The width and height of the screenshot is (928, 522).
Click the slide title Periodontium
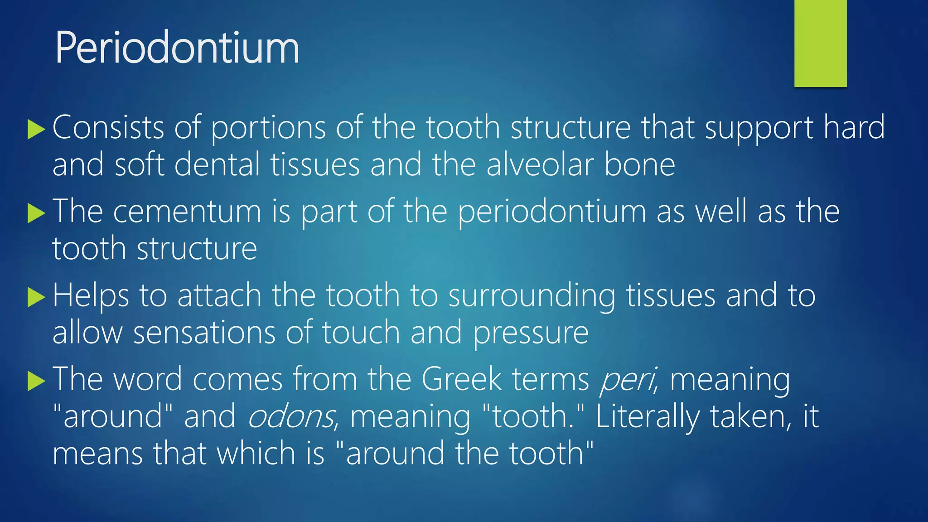pyautogui.click(x=177, y=48)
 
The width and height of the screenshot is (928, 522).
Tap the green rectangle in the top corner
pyautogui.click(x=820, y=43)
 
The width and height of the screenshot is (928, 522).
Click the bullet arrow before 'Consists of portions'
pyautogui.click(x=36, y=130)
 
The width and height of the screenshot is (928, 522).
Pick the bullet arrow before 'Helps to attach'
pyautogui.click(x=36, y=297)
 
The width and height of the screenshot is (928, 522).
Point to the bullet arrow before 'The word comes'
pyautogui.click(x=36, y=381)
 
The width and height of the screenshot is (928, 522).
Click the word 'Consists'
pyautogui.click(x=108, y=128)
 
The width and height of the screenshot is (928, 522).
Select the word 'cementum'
pyautogui.click(x=187, y=212)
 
